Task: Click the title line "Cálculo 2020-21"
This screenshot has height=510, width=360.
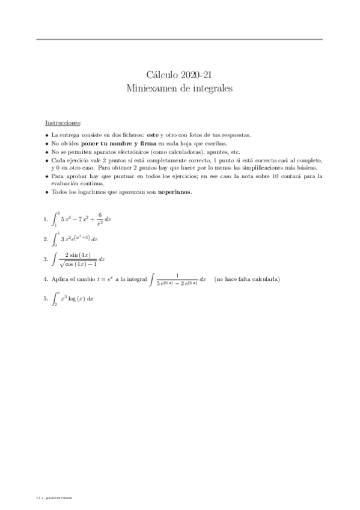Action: (180, 75)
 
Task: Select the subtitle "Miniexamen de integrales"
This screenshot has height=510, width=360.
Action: (180, 88)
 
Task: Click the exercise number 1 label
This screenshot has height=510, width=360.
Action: (46, 220)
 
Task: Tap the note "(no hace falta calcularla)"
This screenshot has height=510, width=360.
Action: (246, 280)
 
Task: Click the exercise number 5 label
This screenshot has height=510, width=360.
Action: (46, 299)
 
